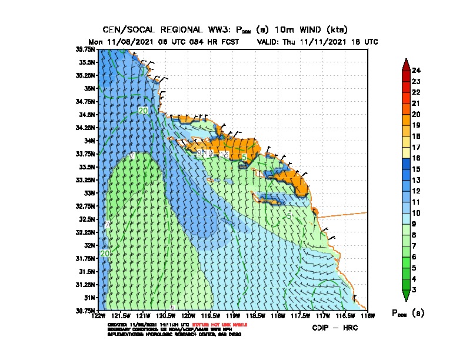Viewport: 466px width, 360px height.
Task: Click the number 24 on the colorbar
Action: tap(417, 70)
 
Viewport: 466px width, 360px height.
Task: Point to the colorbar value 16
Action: tap(417, 158)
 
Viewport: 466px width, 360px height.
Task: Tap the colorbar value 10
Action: tap(417, 212)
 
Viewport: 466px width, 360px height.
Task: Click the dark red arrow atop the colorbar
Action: tap(405, 64)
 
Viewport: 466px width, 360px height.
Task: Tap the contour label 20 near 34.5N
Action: tap(143, 111)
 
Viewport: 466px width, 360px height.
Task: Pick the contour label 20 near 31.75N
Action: tap(105, 254)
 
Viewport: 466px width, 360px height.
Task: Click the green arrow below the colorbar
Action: tap(405, 295)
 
